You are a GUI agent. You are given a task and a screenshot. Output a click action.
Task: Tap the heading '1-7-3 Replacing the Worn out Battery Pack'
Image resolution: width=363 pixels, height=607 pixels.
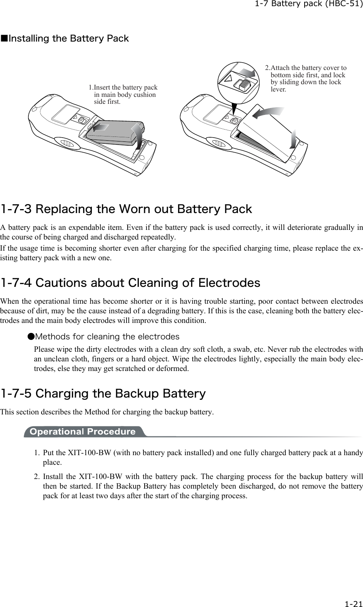click(x=126, y=210)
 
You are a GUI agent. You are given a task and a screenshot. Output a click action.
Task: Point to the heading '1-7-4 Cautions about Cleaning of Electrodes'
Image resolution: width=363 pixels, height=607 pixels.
click(x=130, y=283)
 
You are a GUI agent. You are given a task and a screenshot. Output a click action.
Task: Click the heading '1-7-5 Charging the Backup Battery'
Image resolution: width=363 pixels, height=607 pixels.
click(x=103, y=394)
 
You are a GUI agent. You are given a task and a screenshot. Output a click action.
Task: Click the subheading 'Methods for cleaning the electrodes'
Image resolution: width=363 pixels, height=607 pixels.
click(x=107, y=337)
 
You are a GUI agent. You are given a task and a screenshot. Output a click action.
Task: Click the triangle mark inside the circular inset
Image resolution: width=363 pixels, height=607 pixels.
click(x=228, y=79)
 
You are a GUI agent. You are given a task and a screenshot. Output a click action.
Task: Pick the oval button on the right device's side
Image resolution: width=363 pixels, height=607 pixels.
click(x=219, y=144)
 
